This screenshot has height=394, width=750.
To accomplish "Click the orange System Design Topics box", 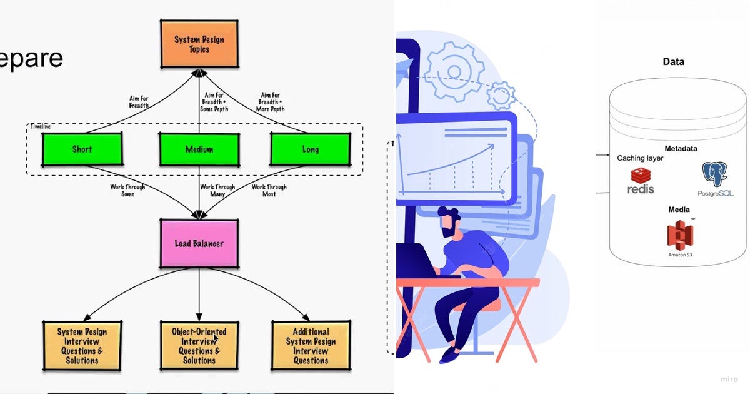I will [199, 43].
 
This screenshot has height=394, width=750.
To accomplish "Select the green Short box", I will [82, 149].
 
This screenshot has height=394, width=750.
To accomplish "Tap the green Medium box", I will [199, 149].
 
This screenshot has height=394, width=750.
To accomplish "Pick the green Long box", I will [310, 149].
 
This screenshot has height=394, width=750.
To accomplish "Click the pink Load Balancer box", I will [199, 243].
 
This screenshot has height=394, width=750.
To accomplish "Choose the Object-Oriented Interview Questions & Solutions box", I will [199, 346].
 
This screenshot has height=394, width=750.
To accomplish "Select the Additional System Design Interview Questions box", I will [310, 346].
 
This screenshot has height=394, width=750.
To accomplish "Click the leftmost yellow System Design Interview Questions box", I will [82, 346].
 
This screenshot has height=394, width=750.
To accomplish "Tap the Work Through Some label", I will [127, 190].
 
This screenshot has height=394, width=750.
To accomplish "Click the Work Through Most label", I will [269, 190].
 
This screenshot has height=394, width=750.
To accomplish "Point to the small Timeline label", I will [41, 126].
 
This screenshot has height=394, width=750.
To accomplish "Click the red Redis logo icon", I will [641, 175].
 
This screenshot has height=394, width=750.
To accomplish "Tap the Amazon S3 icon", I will [679, 235].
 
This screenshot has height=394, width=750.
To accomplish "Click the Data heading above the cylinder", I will [673, 62].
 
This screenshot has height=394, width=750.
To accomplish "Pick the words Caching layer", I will [640, 158].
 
